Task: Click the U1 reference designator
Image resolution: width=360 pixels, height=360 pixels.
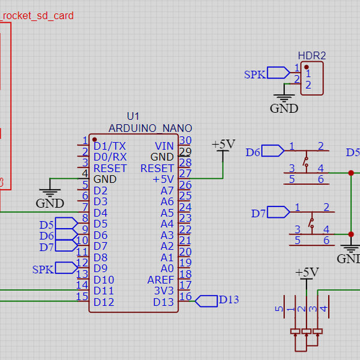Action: [x=133, y=116]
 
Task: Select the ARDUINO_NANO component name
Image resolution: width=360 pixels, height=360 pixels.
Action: [x=150, y=128]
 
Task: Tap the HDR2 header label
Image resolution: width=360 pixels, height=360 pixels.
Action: [x=312, y=56]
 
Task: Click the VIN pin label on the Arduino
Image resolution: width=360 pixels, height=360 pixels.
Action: [x=164, y=146]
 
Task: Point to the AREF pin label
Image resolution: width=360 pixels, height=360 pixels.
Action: [x=160, y=280]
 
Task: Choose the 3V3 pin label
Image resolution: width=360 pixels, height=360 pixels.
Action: [x=164, y=291]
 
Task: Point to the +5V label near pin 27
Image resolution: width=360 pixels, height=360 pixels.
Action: [x=223, y=145]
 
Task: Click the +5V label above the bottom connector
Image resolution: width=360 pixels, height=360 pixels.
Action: [x=307, y=272]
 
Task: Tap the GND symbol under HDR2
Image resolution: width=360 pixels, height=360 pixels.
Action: [x=284, y=104]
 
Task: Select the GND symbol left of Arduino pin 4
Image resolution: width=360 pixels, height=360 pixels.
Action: [x=50, y=199]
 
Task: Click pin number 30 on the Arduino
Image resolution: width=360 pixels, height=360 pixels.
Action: [x=185, y=141]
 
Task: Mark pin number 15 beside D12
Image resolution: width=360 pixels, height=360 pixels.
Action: [x=82, y=296]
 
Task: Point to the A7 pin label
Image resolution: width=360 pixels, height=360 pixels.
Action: [x=167, y=190]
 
